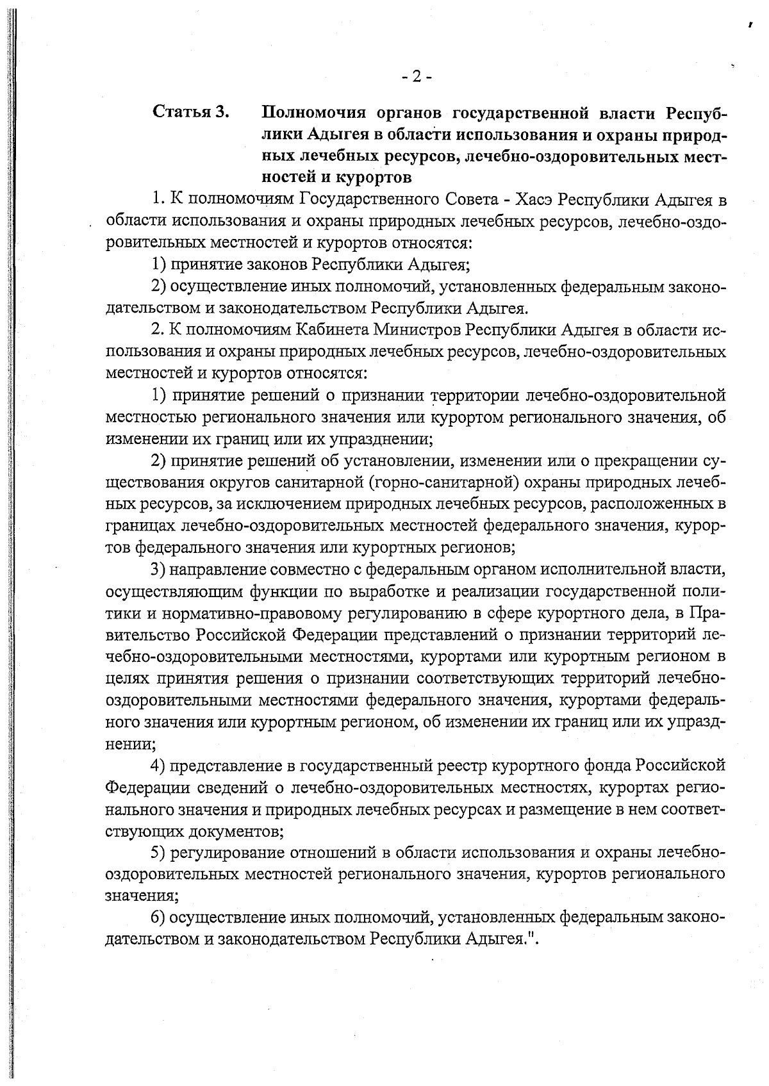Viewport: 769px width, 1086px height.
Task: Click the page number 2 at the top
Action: click(417, 78)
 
